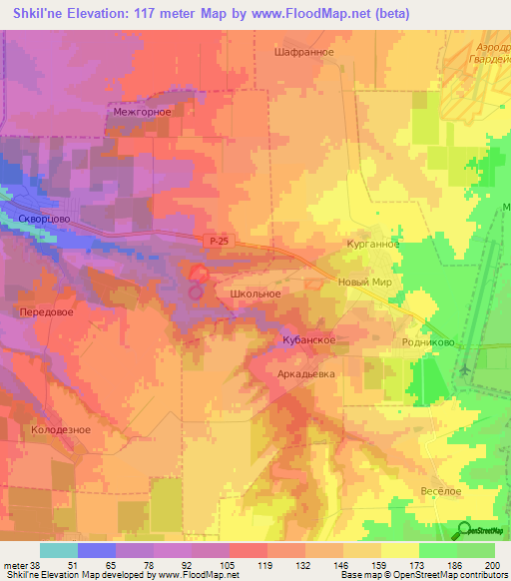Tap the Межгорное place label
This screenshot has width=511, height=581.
tap(143, 112)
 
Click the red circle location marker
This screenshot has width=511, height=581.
tap(198, 274)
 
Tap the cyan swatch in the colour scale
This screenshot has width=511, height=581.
tap(58, 550)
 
